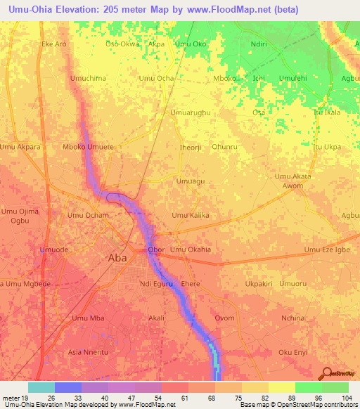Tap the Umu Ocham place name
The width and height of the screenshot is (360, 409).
[x=88, y=215]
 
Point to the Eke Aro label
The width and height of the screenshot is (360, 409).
[x=54, y=44]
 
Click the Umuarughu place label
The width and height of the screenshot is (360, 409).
[x=191, y=112]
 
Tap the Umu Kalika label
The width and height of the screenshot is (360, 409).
[x=191, y=215]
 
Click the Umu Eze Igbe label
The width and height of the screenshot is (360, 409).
[x=326, y=249]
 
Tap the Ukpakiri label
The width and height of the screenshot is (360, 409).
[x=259, y=284]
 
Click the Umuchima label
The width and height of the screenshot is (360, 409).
[x=88, y=78]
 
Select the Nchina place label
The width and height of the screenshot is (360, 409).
[x=293, y=318]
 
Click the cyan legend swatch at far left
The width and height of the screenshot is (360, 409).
[x=41, y=387]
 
